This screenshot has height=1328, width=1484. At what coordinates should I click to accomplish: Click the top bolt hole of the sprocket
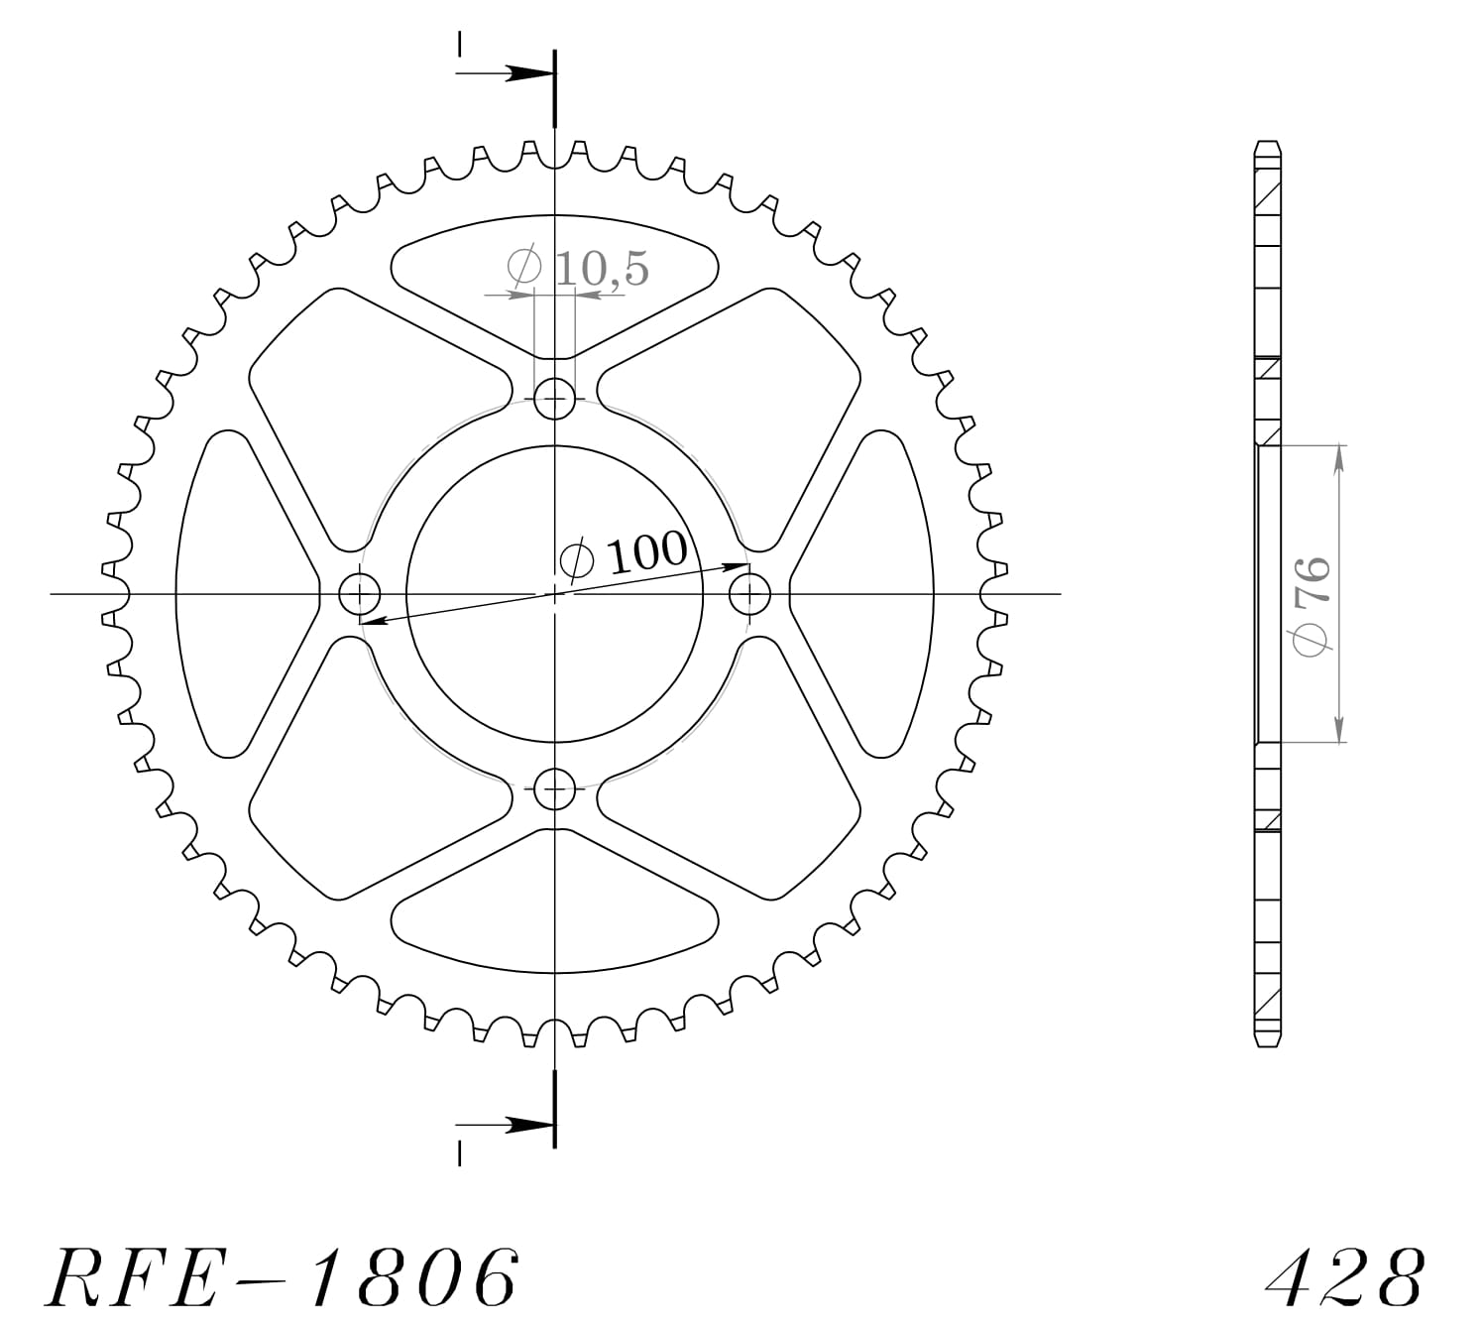(x=554, y=400)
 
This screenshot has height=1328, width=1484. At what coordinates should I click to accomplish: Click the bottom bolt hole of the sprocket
(x=554, y=790)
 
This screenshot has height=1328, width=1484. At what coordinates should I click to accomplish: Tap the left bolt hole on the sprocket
(x=359, y=595)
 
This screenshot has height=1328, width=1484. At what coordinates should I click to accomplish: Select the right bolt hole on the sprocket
(x=749, y=595)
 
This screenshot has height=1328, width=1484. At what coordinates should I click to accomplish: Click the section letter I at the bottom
(x=459, y=1154)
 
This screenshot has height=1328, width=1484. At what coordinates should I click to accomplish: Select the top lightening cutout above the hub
(x=554, y=263)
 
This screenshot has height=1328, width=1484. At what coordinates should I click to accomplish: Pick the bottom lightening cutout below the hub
(x=554, y=927)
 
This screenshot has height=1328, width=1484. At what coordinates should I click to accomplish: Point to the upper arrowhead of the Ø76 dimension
(x=1339, y=456)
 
